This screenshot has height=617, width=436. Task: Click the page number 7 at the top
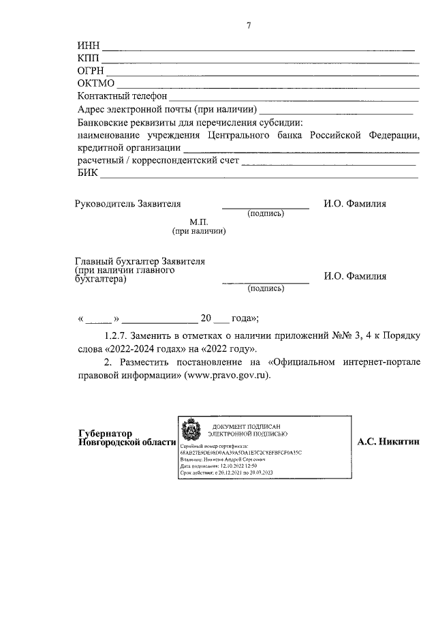pyautogui.click(x=249, y=26)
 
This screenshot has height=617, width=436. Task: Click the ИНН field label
pyautogui.click(x=89, y=46)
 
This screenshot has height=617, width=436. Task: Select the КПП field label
pyautogui.click(x=89, y=58)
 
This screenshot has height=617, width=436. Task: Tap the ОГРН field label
pyautogui.click(x=91, y=70)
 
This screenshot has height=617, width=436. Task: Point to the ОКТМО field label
pyautogui.click(x=96, y=83)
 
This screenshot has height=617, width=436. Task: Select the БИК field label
pyautogui.click(x=88, y=173)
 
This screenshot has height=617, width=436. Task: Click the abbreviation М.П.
pyautogui.click(x=199, y=223)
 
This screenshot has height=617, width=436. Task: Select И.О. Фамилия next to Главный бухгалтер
pyautogui.click(x=355, y=276)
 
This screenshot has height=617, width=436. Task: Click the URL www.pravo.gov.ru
pyautogui.click(x=224, y=375)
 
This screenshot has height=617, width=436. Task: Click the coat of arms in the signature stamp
pyautogui.click(x=189, y=432)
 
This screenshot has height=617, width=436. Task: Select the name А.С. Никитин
pyautogui.click(x=388, y=442)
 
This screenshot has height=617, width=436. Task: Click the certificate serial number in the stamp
pyautogui.click(x=240, y=451)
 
